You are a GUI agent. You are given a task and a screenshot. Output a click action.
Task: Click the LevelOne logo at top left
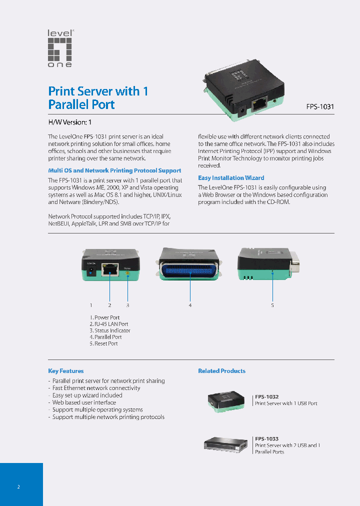coord(60,48)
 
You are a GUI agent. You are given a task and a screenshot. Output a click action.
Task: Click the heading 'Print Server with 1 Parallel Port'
coord(98,98)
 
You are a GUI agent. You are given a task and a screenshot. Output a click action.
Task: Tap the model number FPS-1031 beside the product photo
coord(320,106)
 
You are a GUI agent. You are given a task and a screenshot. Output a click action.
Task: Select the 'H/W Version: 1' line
coord(69,122)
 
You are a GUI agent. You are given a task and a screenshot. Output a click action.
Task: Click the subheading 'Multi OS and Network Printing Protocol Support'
coord(114,170)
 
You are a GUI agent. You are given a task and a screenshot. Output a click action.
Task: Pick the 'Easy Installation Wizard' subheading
coord(231,177)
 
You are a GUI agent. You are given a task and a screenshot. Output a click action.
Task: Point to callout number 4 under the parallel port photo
coord(190,305)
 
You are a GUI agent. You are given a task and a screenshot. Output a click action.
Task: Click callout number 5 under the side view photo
coord(272,305)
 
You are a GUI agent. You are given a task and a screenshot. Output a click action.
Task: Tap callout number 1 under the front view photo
coord(91,305)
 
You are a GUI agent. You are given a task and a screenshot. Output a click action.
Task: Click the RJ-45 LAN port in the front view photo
coord(109,270)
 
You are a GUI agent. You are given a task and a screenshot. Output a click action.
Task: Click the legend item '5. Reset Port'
coord(104,343)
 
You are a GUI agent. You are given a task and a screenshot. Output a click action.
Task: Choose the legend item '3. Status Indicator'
coord(110,330)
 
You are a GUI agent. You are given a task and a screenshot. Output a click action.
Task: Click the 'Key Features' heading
coord(66,371)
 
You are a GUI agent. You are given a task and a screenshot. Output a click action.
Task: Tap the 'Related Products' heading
coord(221,371)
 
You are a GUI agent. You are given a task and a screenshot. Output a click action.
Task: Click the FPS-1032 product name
coord(267,396)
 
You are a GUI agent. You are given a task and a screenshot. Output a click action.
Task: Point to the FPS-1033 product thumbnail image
coord(225,444)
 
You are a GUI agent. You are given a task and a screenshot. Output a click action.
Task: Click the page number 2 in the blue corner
coord(18,486)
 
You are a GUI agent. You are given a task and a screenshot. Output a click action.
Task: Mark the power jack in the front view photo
coord(91,271)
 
